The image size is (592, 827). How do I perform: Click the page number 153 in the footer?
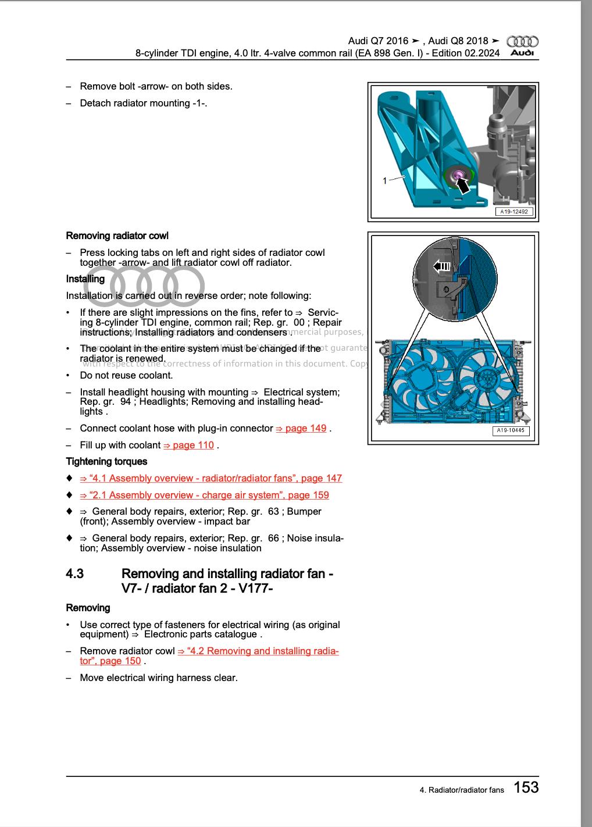tap(526, 787)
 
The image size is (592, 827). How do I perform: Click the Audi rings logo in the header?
tap(522, 41)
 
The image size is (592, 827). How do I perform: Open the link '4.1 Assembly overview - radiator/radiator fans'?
tap(211, 479)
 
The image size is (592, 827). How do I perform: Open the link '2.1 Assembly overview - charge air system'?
tap(204, 496)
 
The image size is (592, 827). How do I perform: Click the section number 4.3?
tap(74, 574)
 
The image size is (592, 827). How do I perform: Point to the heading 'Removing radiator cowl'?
tap(117, 236)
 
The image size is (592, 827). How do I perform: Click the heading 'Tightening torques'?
tap(106, 462)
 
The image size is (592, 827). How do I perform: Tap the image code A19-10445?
tap(511, 431)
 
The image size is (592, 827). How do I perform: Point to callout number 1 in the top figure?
tap(384, 181)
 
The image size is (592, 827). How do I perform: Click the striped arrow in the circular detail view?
tap(442, 266)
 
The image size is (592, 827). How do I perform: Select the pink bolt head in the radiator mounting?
tap(457, 174)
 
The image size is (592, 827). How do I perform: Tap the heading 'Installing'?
tap(85, 279)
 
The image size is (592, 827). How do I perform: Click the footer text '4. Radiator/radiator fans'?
tap(462, 790)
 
